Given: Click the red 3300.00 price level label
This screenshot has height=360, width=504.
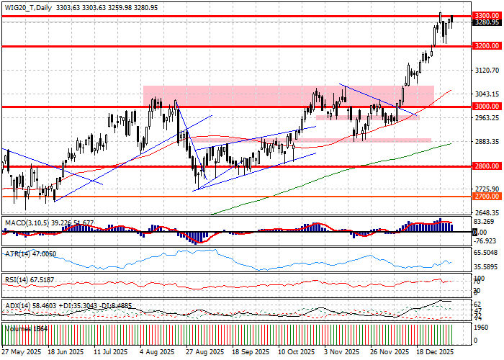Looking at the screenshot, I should pyautogui.click(x=485, y=15).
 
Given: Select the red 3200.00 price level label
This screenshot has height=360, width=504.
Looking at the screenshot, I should pyautogui.click(x=485, y=45).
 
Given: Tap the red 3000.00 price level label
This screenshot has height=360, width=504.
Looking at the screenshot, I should pyautogui.click(x=485, y=107).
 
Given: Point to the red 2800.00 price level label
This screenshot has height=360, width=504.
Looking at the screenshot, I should pyautogui.click(x=485, y=166).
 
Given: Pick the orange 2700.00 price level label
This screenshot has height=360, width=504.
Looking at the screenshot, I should pyautogui.click(x=485, y=196).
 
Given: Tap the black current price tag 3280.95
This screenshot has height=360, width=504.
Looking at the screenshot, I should pyautogui.click(x=485, y=22).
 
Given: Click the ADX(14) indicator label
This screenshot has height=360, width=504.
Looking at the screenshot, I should pyautogui.click(x=17, y=306).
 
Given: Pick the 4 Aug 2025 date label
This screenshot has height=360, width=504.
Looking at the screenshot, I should pyautogui.click(x=157, y=353).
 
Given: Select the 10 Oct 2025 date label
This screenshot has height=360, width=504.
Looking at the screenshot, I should pyautogui.click(x=296, y=353).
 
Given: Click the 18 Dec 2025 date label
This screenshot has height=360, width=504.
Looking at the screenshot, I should pyautogui.click(x=435, y=353).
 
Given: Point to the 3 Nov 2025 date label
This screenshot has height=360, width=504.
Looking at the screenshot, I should pyautogui.click(x=342, y=353).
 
